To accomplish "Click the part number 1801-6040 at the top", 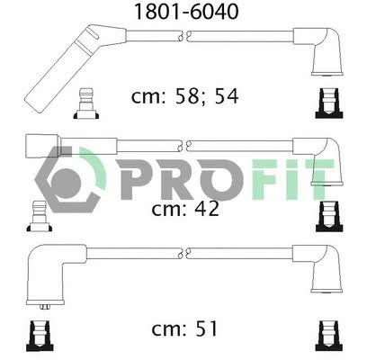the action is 186,12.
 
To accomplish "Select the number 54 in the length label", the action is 227,96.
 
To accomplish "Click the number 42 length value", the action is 207,209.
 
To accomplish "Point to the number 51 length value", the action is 206,328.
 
